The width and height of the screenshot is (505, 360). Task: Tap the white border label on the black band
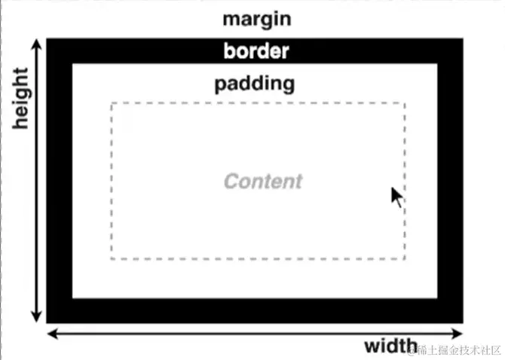[256, 51]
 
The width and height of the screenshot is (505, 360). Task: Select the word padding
[254, 83]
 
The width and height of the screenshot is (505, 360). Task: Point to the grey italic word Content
[263, 182]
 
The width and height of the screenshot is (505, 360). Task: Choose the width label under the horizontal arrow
[390, 346]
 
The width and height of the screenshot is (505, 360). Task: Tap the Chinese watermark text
[461, 349]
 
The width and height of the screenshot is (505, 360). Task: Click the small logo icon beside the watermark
[412, 349]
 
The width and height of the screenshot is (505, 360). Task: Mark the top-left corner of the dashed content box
[112, 103]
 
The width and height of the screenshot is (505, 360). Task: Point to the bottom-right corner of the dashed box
[405, 259]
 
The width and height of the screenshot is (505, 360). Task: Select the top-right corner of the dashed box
[405, 103]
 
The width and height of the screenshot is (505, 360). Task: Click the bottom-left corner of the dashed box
[112, 259]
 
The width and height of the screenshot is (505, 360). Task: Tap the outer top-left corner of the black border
[47, 39]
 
